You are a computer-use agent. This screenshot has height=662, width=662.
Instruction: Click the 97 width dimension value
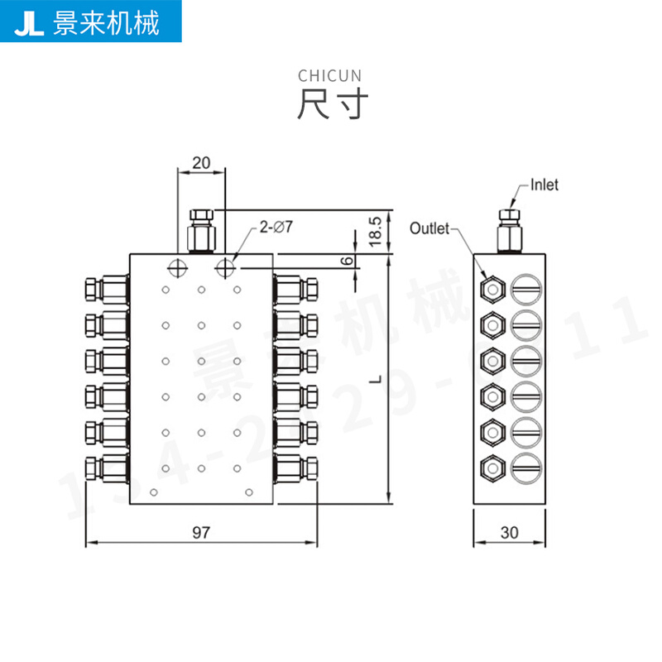200,532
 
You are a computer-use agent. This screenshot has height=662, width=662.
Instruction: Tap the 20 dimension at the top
201,162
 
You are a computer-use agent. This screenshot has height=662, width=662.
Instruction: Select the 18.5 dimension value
375,232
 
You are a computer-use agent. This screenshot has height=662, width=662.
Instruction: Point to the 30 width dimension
509,532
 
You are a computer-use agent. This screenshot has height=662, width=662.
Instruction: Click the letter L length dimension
375,378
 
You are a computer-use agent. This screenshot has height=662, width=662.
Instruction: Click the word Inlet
544,185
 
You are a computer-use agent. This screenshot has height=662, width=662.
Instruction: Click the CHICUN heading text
330,76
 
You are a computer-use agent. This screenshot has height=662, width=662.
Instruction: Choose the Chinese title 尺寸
330,105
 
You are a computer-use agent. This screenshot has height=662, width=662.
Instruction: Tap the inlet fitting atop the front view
202,231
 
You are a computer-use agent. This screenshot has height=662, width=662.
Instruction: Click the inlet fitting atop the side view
510,231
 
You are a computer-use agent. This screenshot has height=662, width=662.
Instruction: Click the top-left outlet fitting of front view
106,290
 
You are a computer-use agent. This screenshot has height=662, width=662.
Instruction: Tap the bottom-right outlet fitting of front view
296,468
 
